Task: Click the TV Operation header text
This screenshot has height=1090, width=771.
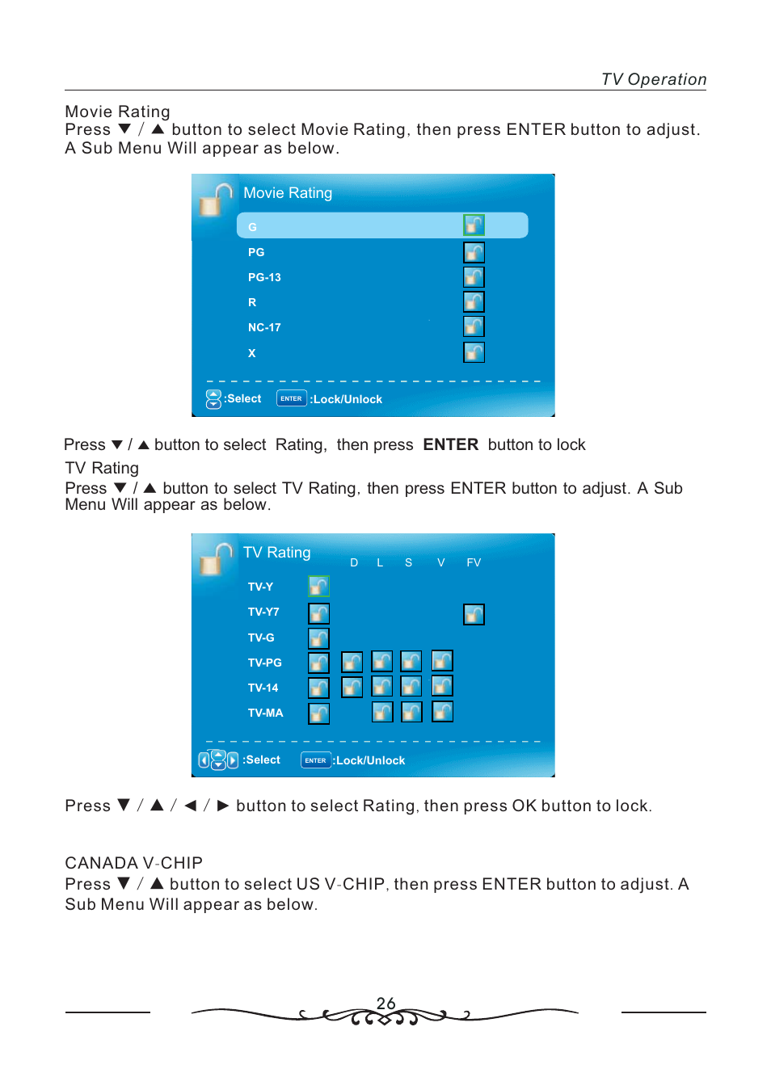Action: click(x=653, y=79)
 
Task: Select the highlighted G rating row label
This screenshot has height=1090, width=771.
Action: click(x=252, y=227)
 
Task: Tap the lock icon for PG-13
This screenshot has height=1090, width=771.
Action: click(x=474, y=277)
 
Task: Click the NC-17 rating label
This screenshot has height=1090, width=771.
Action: click(x=264, y=327)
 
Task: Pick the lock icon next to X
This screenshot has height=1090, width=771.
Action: click(x=474, y=352)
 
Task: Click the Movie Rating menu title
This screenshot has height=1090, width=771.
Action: click(x=288, y=193)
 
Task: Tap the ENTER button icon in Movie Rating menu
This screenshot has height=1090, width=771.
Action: click(x=291, y=398)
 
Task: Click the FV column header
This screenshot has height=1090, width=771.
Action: click(x=474, y=562)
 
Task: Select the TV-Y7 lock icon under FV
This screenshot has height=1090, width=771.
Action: click(x=474, y=615)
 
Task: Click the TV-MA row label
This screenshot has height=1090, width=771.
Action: click(x=265, y=713)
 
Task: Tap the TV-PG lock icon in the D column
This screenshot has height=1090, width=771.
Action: click(x=352, y=663)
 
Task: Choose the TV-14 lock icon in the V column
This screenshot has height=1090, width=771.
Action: click(x=442, y=686)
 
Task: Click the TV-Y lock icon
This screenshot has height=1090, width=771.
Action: click(x=318, y=586)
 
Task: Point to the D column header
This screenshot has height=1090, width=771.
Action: click(x=354, y=562)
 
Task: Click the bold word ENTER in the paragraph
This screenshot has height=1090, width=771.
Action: click(x=450, y=444)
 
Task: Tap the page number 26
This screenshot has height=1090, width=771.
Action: click(x=385, y=1003)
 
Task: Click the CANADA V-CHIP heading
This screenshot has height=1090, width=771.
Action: click(x=133, y=863)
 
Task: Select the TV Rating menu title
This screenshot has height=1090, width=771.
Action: click(x=276, y=553)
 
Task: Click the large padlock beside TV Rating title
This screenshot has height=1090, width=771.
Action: click(x=215, y=558)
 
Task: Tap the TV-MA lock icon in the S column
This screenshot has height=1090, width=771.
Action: click(x=411, y=712)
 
